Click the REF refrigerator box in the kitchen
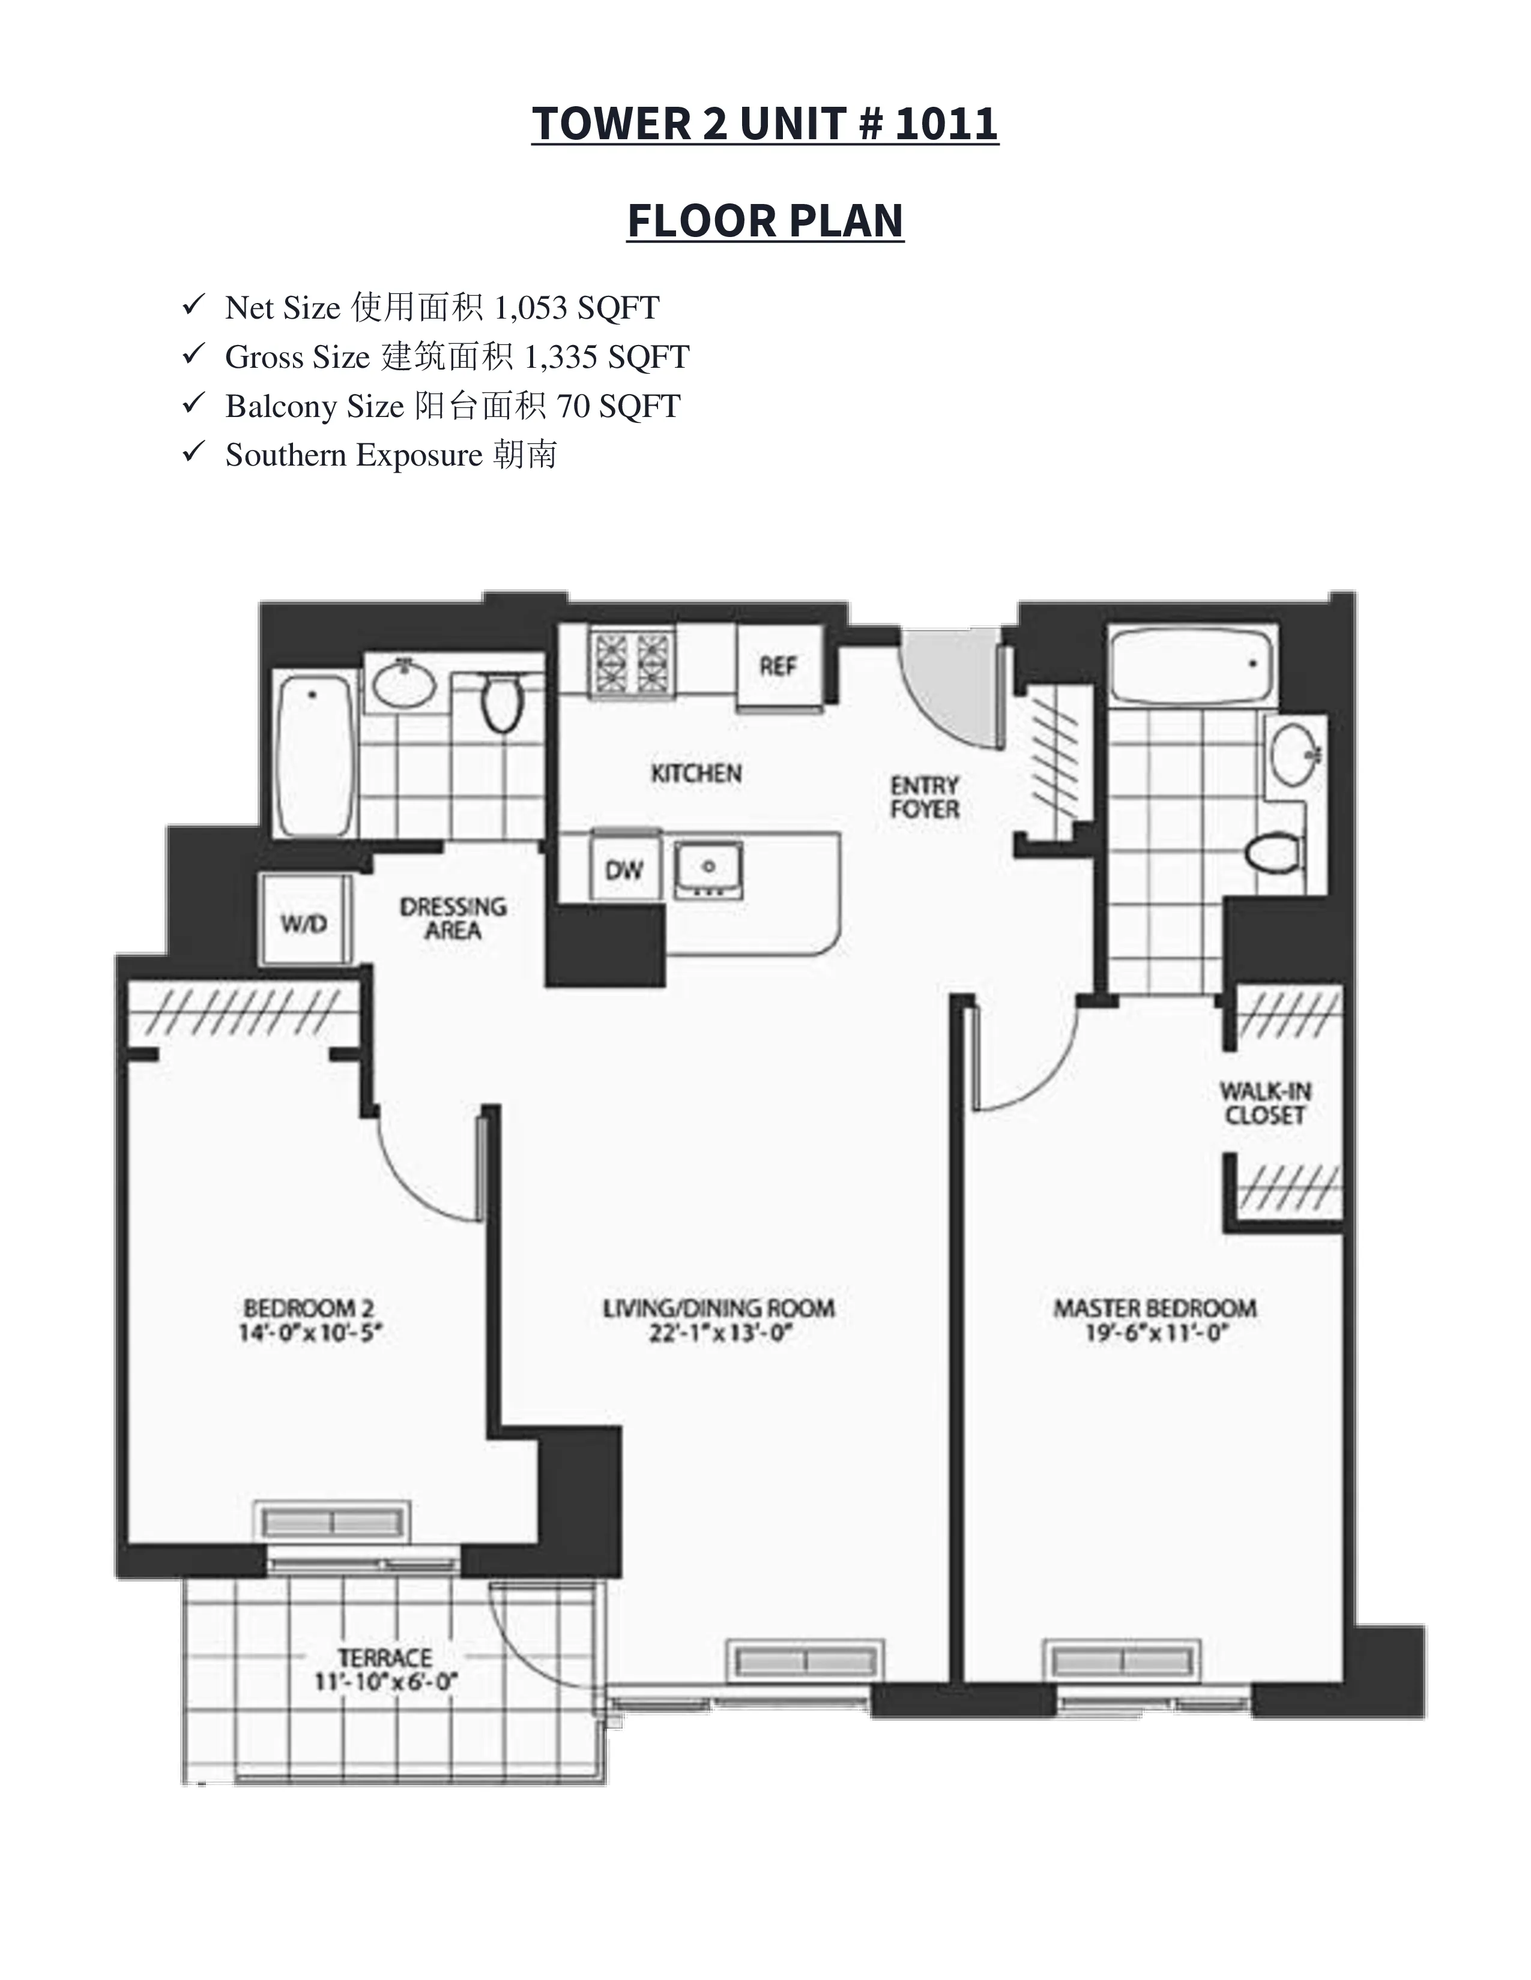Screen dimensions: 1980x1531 (778, 667)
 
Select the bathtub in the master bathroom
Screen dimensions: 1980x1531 (1192, 665)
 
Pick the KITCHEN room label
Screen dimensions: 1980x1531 (696, 773)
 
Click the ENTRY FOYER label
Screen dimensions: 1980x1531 (924, 797)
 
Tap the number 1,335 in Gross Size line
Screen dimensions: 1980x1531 (560, 356)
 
